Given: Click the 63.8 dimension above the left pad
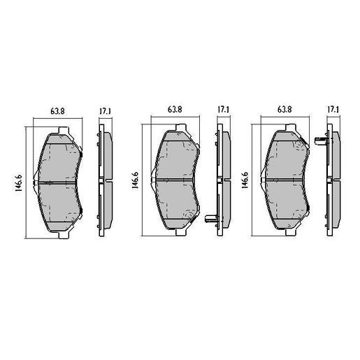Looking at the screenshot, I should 57,110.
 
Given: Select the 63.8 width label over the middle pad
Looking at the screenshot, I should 175,110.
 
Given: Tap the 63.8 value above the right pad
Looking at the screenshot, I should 285,110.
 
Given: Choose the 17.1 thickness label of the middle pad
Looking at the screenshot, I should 223,110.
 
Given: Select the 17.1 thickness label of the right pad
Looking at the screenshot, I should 333,110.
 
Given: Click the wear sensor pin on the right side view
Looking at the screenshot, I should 321,141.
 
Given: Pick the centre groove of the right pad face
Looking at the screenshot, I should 287,181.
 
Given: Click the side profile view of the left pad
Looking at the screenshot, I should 104,181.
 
